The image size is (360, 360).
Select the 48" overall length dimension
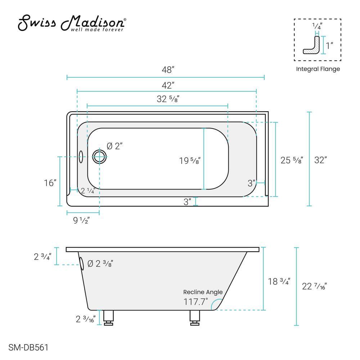(166, 70)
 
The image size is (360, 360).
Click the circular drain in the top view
(99, 157)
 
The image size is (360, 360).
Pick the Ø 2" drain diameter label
(115, 146)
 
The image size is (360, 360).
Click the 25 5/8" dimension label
(292, 160)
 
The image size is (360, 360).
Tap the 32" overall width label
(320, 160)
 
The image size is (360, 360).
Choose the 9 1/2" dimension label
(82, 220)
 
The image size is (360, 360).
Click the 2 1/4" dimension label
(88, 191)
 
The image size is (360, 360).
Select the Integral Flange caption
(318, 69)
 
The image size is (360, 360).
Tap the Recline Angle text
(203, 292)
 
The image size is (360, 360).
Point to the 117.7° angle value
(195, 302)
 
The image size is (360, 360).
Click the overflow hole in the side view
(82, 264)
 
